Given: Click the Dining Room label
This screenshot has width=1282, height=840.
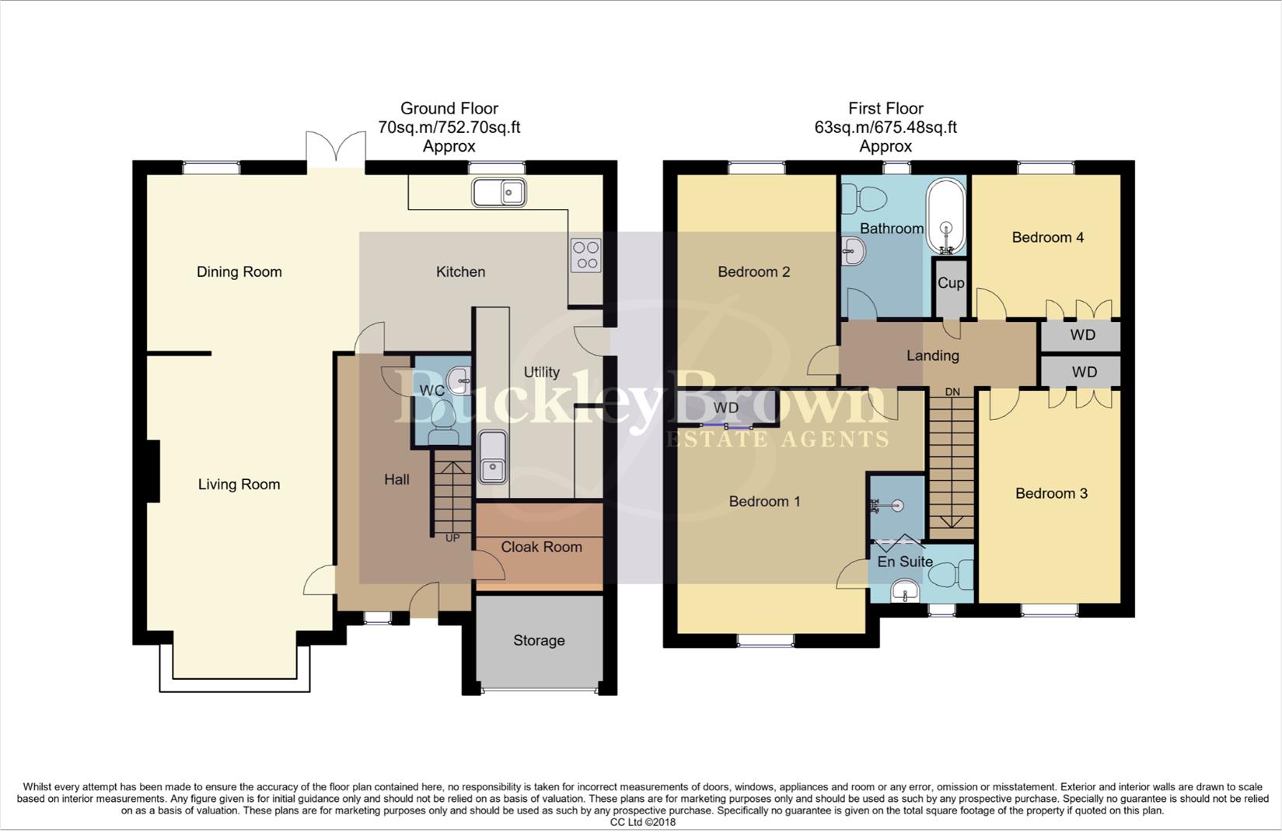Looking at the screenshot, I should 239,272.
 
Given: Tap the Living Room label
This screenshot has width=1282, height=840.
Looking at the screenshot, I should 239,485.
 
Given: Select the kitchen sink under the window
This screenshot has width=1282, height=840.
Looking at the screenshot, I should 498,192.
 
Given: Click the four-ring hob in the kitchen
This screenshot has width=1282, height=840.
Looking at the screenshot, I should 586,255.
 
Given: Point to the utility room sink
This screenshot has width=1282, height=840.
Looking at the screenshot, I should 492,457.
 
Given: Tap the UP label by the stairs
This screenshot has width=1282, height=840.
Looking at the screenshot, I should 452,538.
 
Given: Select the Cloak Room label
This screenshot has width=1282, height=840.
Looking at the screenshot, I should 541,548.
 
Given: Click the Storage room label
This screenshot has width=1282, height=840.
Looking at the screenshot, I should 539,641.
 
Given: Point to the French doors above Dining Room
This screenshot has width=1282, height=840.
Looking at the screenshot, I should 336,149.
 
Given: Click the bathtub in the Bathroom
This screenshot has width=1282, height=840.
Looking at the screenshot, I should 946,216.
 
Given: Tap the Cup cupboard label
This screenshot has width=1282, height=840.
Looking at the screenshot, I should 950,283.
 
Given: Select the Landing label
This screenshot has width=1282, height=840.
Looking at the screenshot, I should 932,356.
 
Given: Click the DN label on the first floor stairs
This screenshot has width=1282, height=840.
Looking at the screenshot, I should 952,392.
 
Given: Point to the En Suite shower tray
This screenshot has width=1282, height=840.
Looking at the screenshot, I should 896,506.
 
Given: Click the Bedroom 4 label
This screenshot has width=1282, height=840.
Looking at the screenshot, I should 1047,238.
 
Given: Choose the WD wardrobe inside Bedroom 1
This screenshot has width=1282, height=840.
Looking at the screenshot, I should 726,408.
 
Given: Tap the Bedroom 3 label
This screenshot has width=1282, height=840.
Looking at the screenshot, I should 1051,494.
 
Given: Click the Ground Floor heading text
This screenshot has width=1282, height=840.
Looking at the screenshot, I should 449,109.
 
